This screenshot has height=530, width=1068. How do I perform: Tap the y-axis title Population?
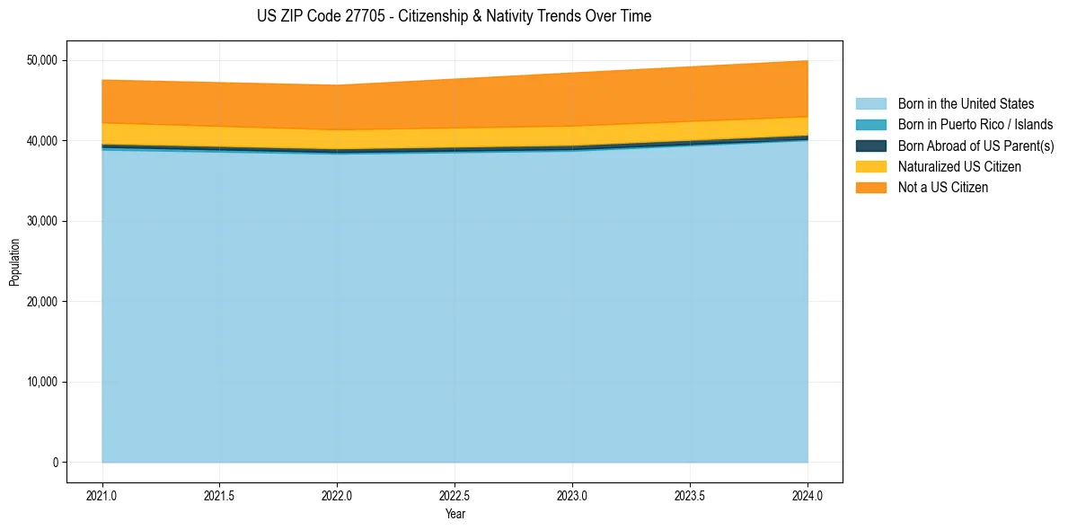point(14,262)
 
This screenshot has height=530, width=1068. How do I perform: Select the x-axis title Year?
point(455,514)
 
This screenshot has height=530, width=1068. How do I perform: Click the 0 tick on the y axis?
point(55,463)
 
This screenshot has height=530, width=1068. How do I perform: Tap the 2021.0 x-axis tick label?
point(102,495)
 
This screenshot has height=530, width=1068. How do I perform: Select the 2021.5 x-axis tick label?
point(219,495)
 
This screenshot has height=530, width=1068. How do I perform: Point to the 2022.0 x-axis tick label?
point(337,495)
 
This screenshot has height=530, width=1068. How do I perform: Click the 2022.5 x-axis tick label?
point(455,495)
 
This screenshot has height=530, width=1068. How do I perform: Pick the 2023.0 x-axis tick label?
point(572,495)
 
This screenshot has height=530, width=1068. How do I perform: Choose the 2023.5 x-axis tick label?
point(690,495)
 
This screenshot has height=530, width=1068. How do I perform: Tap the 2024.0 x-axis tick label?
point(808,495)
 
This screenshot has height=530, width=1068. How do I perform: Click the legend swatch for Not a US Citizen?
point(870,188)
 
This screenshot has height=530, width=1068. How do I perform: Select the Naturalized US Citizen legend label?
point(959,167)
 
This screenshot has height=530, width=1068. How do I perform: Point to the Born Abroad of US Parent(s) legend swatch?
point(870,146)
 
